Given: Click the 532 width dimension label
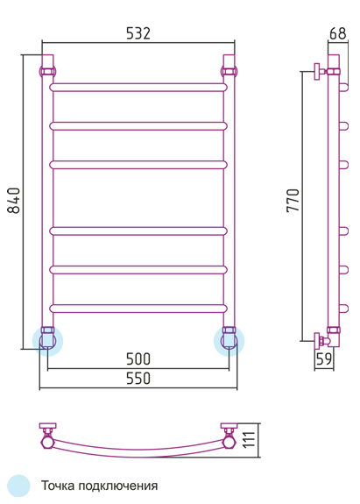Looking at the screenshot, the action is coord(138,33).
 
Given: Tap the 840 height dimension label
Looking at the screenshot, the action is coord(14,201).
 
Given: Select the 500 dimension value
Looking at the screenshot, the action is coord(138,359).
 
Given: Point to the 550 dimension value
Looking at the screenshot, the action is coord(138,379).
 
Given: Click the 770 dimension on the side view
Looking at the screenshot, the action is coord(293,201).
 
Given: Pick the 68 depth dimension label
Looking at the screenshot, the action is coord(338,33).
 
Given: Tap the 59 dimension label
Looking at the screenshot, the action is coord(324,359).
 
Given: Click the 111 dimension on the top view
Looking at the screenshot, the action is coord(249,439).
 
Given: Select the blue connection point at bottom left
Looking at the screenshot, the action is coord(47,341).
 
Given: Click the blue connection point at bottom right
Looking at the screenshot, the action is coord(229,341).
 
